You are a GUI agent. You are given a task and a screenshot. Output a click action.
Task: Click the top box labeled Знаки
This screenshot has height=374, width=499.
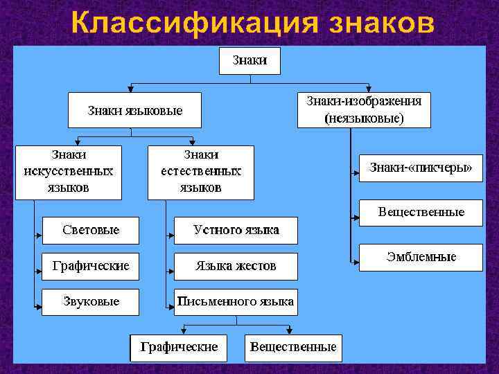(x=250, y=60)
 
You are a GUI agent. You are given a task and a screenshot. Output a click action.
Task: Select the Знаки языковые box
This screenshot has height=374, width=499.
(x=134, y=111)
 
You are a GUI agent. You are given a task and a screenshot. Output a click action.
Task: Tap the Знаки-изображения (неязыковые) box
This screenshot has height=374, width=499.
(x=364, y=110)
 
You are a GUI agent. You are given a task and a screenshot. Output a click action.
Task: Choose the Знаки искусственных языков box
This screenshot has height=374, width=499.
(x=69, y=172)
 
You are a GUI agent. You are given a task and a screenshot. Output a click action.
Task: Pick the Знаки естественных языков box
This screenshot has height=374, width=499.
(x=201, y=172)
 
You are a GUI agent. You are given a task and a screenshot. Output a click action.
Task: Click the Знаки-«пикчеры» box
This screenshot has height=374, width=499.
(x=421, y=168)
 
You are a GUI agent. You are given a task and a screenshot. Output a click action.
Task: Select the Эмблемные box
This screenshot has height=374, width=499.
(x=421, y=258)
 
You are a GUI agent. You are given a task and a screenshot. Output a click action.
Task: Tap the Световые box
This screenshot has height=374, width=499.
(x=90, y=230)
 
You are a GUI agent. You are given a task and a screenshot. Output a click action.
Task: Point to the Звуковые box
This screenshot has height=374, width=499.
(x=90, y=302)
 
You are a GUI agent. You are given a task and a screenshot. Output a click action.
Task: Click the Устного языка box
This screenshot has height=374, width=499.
(x=236, y=230)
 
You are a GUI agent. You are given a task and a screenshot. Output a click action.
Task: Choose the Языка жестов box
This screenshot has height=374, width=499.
(x=236, y=266)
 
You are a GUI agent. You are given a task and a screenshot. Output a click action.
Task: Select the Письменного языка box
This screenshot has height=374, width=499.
(x=236, y=302)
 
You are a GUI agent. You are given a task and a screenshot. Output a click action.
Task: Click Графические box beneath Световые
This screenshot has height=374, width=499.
(x=90, y=266)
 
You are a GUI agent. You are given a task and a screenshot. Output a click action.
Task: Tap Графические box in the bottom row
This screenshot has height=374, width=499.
(x=179, y=347)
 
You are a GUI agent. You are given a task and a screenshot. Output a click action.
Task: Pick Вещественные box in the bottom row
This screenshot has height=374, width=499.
(x=293, y=347)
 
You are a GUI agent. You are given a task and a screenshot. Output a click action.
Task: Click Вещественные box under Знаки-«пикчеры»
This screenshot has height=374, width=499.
(x=421, y=213)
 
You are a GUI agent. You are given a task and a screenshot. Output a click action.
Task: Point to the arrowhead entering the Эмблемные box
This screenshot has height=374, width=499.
(x=355, y=262)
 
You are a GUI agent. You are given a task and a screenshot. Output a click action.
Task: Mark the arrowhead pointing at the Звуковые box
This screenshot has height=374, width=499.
(x=38, y=304)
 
